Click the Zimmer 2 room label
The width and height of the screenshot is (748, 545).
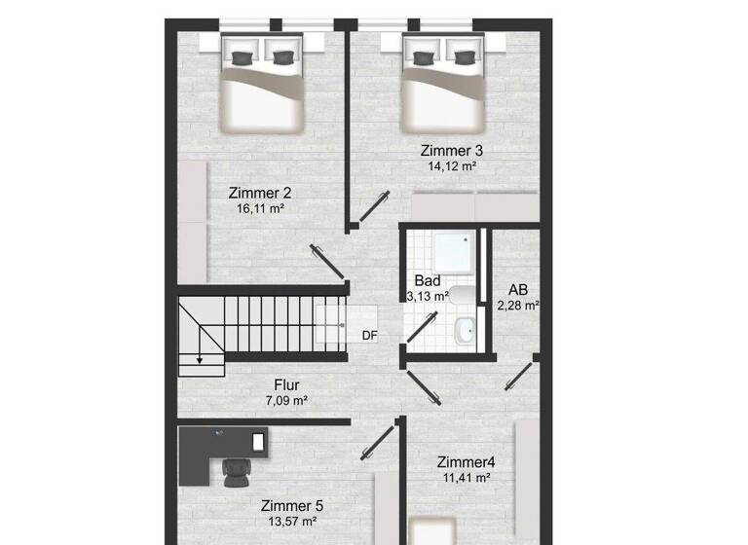(x=259, y=192)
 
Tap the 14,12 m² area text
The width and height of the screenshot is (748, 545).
(x=451, y=166)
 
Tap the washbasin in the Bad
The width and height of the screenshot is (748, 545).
(x=465, y=331)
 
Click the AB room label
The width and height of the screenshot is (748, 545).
(x=518, y=289)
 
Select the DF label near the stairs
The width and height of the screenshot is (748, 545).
(x=369, y=336)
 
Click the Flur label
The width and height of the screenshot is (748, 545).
(x=286, y=383)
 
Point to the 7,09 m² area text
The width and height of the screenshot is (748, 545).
(x=286, y=400)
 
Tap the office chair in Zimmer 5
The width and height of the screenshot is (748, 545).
(x=236, y=472)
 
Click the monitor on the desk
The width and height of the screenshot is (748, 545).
(x=258, y=441)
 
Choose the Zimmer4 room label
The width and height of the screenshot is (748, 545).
(x=467, y=461)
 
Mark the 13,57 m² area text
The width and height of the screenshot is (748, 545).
(x=291, y=522)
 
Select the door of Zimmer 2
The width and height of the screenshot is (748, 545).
(x=323, y=261)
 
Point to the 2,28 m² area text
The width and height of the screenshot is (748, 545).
(x=518, y=305)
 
